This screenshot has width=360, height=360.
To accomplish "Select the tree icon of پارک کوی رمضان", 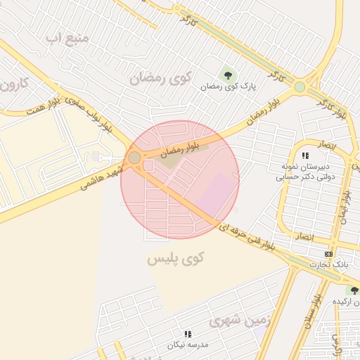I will (227, 74).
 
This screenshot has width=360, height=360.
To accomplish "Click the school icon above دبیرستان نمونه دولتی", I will (304, 155).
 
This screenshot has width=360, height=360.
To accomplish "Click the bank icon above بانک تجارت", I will (328, 253).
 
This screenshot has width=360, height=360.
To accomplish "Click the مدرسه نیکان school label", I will (187, 345).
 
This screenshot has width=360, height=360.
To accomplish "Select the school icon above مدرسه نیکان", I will (187, 334).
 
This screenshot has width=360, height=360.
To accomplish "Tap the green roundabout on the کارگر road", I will (300, 86).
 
